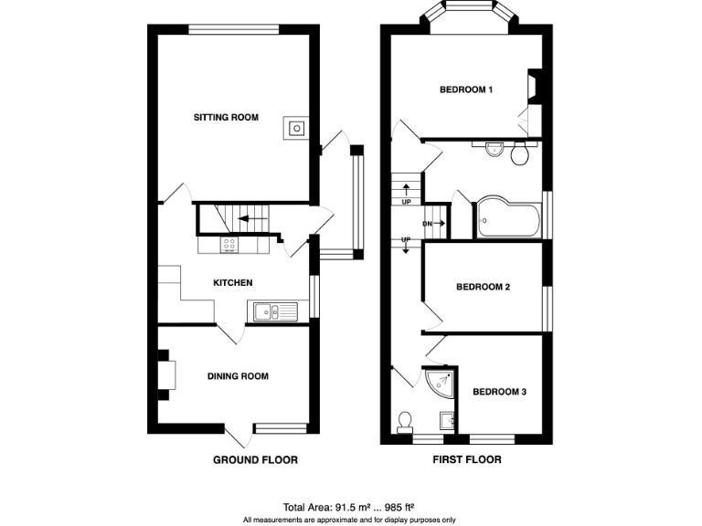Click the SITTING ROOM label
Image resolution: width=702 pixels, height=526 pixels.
point(225,118)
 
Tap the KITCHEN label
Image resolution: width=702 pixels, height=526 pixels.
point(232,283)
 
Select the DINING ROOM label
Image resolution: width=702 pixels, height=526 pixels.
point(238,376)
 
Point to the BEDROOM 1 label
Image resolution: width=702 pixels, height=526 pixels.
point(466,89)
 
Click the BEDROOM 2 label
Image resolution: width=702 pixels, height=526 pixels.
point(483,287)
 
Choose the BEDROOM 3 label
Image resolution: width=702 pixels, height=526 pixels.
point(499,392)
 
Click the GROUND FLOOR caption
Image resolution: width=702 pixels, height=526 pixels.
point(255,460)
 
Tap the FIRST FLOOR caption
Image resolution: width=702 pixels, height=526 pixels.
point(466,460)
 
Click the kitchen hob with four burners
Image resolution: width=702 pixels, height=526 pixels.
point(229,245)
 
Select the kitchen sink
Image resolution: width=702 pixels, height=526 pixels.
point(271,312)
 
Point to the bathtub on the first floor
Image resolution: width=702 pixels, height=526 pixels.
point(507,217)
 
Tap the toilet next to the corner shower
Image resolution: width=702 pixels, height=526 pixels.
point(405,421)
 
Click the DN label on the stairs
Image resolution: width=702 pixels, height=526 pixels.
point(427,223)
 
